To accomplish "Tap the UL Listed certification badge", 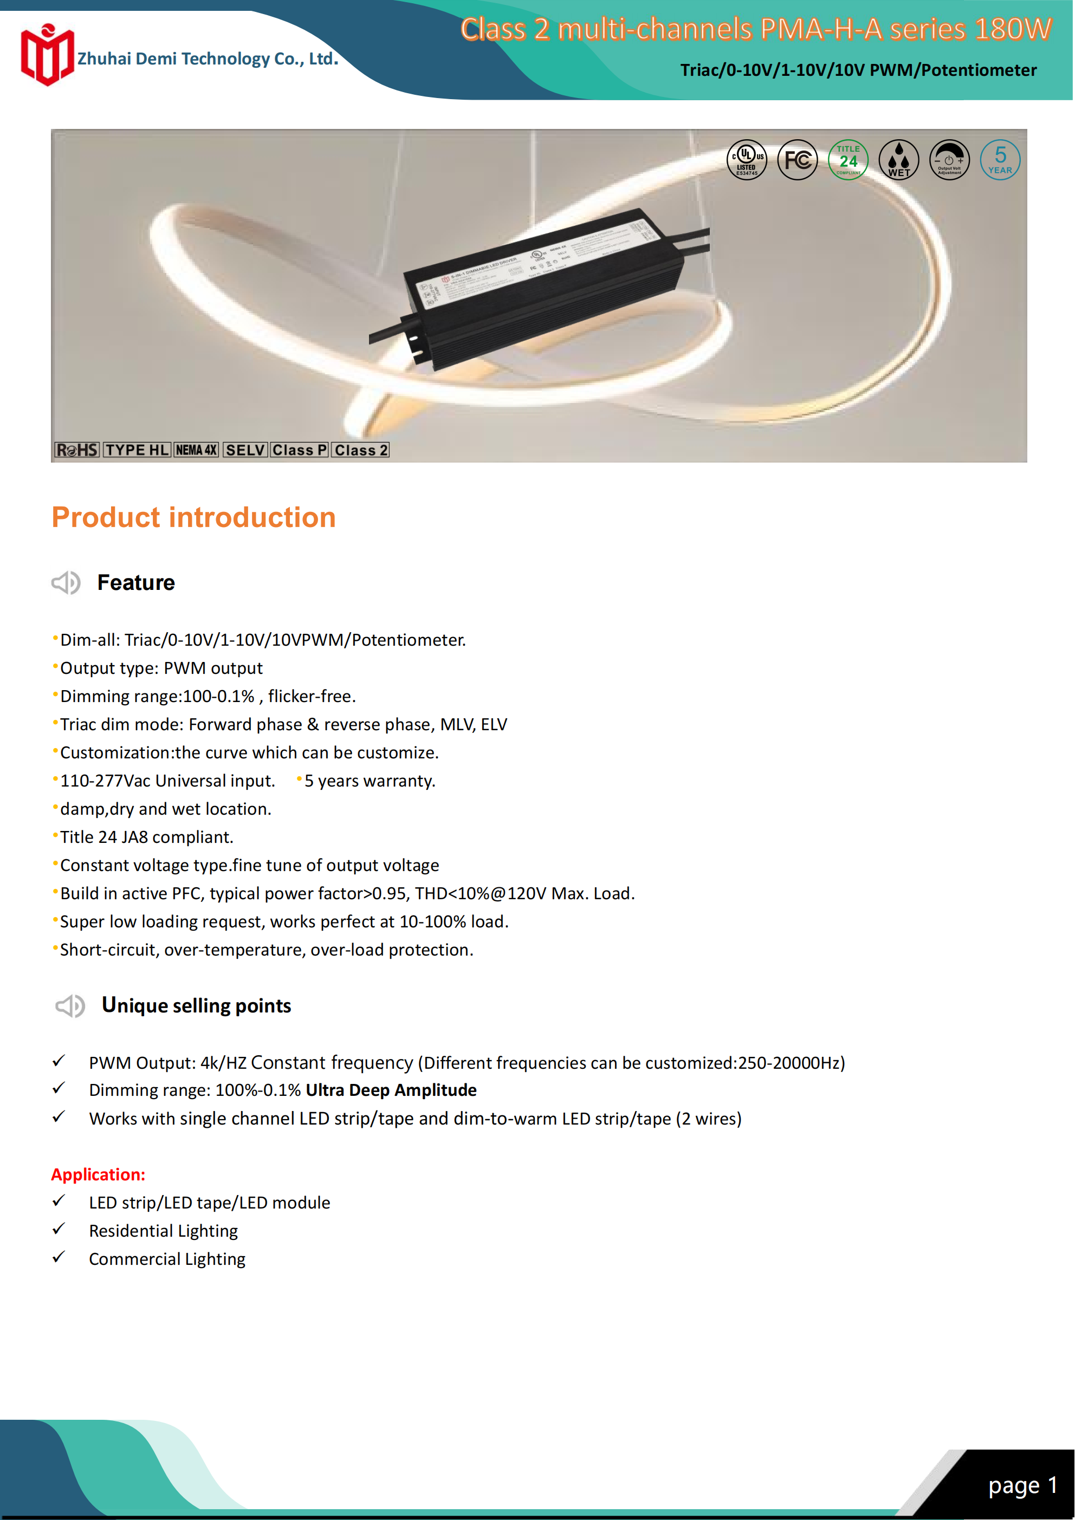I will pyautogui.click(x=747, y=160).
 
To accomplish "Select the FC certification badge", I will pyautogui.click(x=798, y=160).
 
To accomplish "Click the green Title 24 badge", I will pyautogui.click(x=848, y=160).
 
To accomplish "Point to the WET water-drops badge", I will pyautogui.click(x=899, y=160).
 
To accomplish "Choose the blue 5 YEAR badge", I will pyautogui.click(x=1000, y=160).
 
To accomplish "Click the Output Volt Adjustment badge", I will pyautogui.click(x=949, y=160).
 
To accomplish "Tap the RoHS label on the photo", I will pyautogui.click(x=77, y=450).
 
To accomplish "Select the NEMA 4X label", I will pyautogui.click(x=196, y=450).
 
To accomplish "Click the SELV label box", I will pyautogui.click(x=245, y=450).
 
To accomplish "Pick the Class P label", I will pyautogui.click(x=300, y=450).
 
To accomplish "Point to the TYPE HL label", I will pyautogui.click(x=137, y=450).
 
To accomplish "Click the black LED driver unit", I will pyautogui.click(x=543, y=288).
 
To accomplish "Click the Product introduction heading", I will pyautogui.click(x=193, y=517).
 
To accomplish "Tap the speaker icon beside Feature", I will pyautogui.click(x=66, y=582).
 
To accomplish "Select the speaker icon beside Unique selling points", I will pyautogui.click(x=69, y=1006).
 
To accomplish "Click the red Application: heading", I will pyautogui.click(x=98, y=1174).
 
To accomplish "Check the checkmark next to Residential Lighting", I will pyautogui.click(x=59, y=1229).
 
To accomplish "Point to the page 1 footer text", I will pyautogui.click(x=1022, y=1485).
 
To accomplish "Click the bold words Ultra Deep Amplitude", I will pyautogui.click(x=391, y=1090).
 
